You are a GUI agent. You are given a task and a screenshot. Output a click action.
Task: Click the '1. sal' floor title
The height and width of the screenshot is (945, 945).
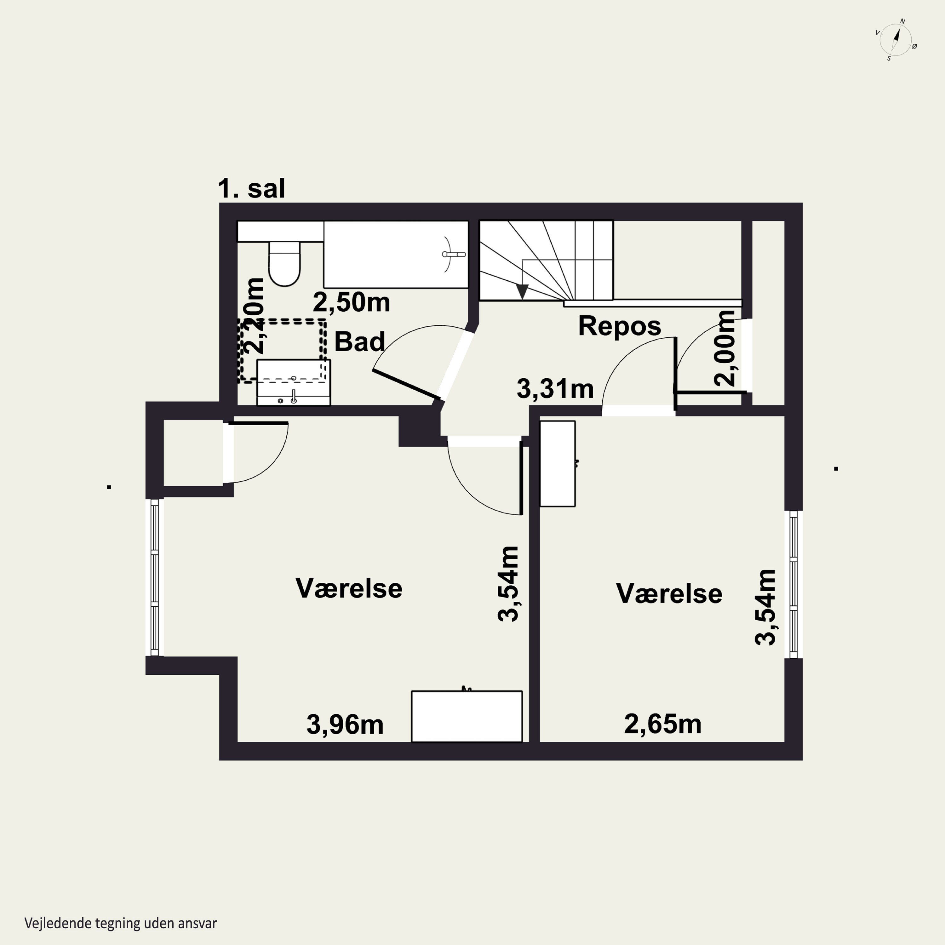251,188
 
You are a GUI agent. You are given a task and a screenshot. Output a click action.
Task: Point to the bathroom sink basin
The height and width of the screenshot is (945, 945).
294,382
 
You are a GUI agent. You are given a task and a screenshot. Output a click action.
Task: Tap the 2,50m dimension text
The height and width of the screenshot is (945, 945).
351,302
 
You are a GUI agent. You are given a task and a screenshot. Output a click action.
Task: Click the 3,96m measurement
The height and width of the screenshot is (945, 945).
345,724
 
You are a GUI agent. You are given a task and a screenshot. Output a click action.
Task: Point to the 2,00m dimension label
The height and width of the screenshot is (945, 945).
725,348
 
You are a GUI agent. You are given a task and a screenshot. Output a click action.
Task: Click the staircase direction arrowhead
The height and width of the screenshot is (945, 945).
522,291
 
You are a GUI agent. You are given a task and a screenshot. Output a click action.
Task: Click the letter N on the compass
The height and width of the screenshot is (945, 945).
902,21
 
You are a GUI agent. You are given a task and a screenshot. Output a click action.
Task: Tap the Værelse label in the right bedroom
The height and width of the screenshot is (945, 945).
669,593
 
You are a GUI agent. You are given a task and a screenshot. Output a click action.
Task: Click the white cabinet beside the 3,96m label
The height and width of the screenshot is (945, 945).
467,716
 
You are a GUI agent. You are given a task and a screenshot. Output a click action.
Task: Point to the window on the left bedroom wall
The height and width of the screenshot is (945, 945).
155,577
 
